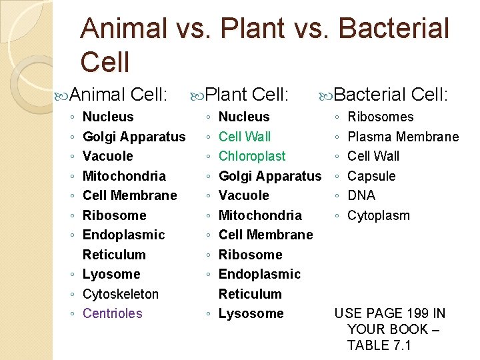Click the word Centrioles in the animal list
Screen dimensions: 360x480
(112, 313)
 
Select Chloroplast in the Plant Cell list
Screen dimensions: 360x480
(251, 156)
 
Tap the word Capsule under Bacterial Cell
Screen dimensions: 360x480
(371, 176)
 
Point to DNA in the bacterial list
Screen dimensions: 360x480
(361, 195)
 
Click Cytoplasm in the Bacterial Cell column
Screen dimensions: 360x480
(379, 215)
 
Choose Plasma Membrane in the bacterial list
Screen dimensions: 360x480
(403, 137)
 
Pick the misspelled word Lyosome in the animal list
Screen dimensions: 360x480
(111, 274)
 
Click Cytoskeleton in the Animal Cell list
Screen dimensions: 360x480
(120, 294)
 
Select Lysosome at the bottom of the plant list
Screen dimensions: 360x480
(251, 313)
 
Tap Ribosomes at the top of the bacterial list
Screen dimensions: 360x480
(380, 117)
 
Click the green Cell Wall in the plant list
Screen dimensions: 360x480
(245, 137)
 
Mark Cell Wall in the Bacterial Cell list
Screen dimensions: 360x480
(373, 156)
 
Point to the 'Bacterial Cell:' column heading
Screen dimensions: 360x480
(391, 95)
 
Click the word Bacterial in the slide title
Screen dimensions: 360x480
(393, 29)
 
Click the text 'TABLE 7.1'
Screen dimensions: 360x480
(379, 345)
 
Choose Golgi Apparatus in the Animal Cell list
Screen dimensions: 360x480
(133, 137)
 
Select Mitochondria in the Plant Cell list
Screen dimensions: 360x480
(259, 215)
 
